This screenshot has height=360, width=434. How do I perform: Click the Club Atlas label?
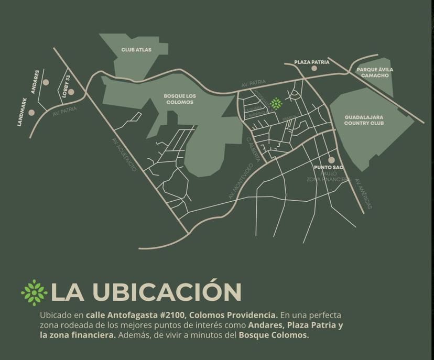point(136,50)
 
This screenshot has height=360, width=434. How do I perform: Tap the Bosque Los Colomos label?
point(179,99)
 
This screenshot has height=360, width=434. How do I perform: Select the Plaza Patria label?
point(311,62)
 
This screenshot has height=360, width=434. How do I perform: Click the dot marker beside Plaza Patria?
point(314,68)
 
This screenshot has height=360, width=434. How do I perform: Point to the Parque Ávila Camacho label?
point(375,72)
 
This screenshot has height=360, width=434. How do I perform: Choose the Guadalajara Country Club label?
point(364,120)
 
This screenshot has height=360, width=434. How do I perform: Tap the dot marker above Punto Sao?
point(331,160)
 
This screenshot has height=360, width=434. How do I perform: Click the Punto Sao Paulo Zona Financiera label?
point(329,173)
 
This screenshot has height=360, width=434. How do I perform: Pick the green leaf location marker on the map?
point(276,103)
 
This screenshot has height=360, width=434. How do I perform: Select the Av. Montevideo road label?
point(241,181)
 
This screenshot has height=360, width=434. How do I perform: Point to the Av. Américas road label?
point(363,194)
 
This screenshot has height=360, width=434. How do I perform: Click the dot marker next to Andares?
point(46,82)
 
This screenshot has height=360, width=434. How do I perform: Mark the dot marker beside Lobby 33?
point(71,92)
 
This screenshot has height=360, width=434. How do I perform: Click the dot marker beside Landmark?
point(32,112)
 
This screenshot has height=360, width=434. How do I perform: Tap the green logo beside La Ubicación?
point(34,292)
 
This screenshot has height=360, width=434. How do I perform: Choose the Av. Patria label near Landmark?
point(65,111)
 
